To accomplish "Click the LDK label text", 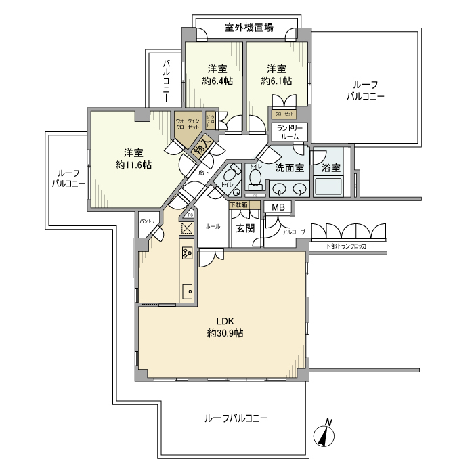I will (x=225, y=321).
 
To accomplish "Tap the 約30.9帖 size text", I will (x=225, y=333).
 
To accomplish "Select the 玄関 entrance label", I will (x=244, y=228).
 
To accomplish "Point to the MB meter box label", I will (x=278, y=207).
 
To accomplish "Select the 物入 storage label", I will (x=200, y=150).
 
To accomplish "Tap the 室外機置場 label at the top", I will (x=249, y=28).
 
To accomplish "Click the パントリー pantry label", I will (x=149, y=222).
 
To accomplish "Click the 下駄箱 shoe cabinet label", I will (x=238, y=204).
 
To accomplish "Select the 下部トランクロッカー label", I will (x=348, y=246).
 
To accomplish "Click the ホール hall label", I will (x=212, y=226).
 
